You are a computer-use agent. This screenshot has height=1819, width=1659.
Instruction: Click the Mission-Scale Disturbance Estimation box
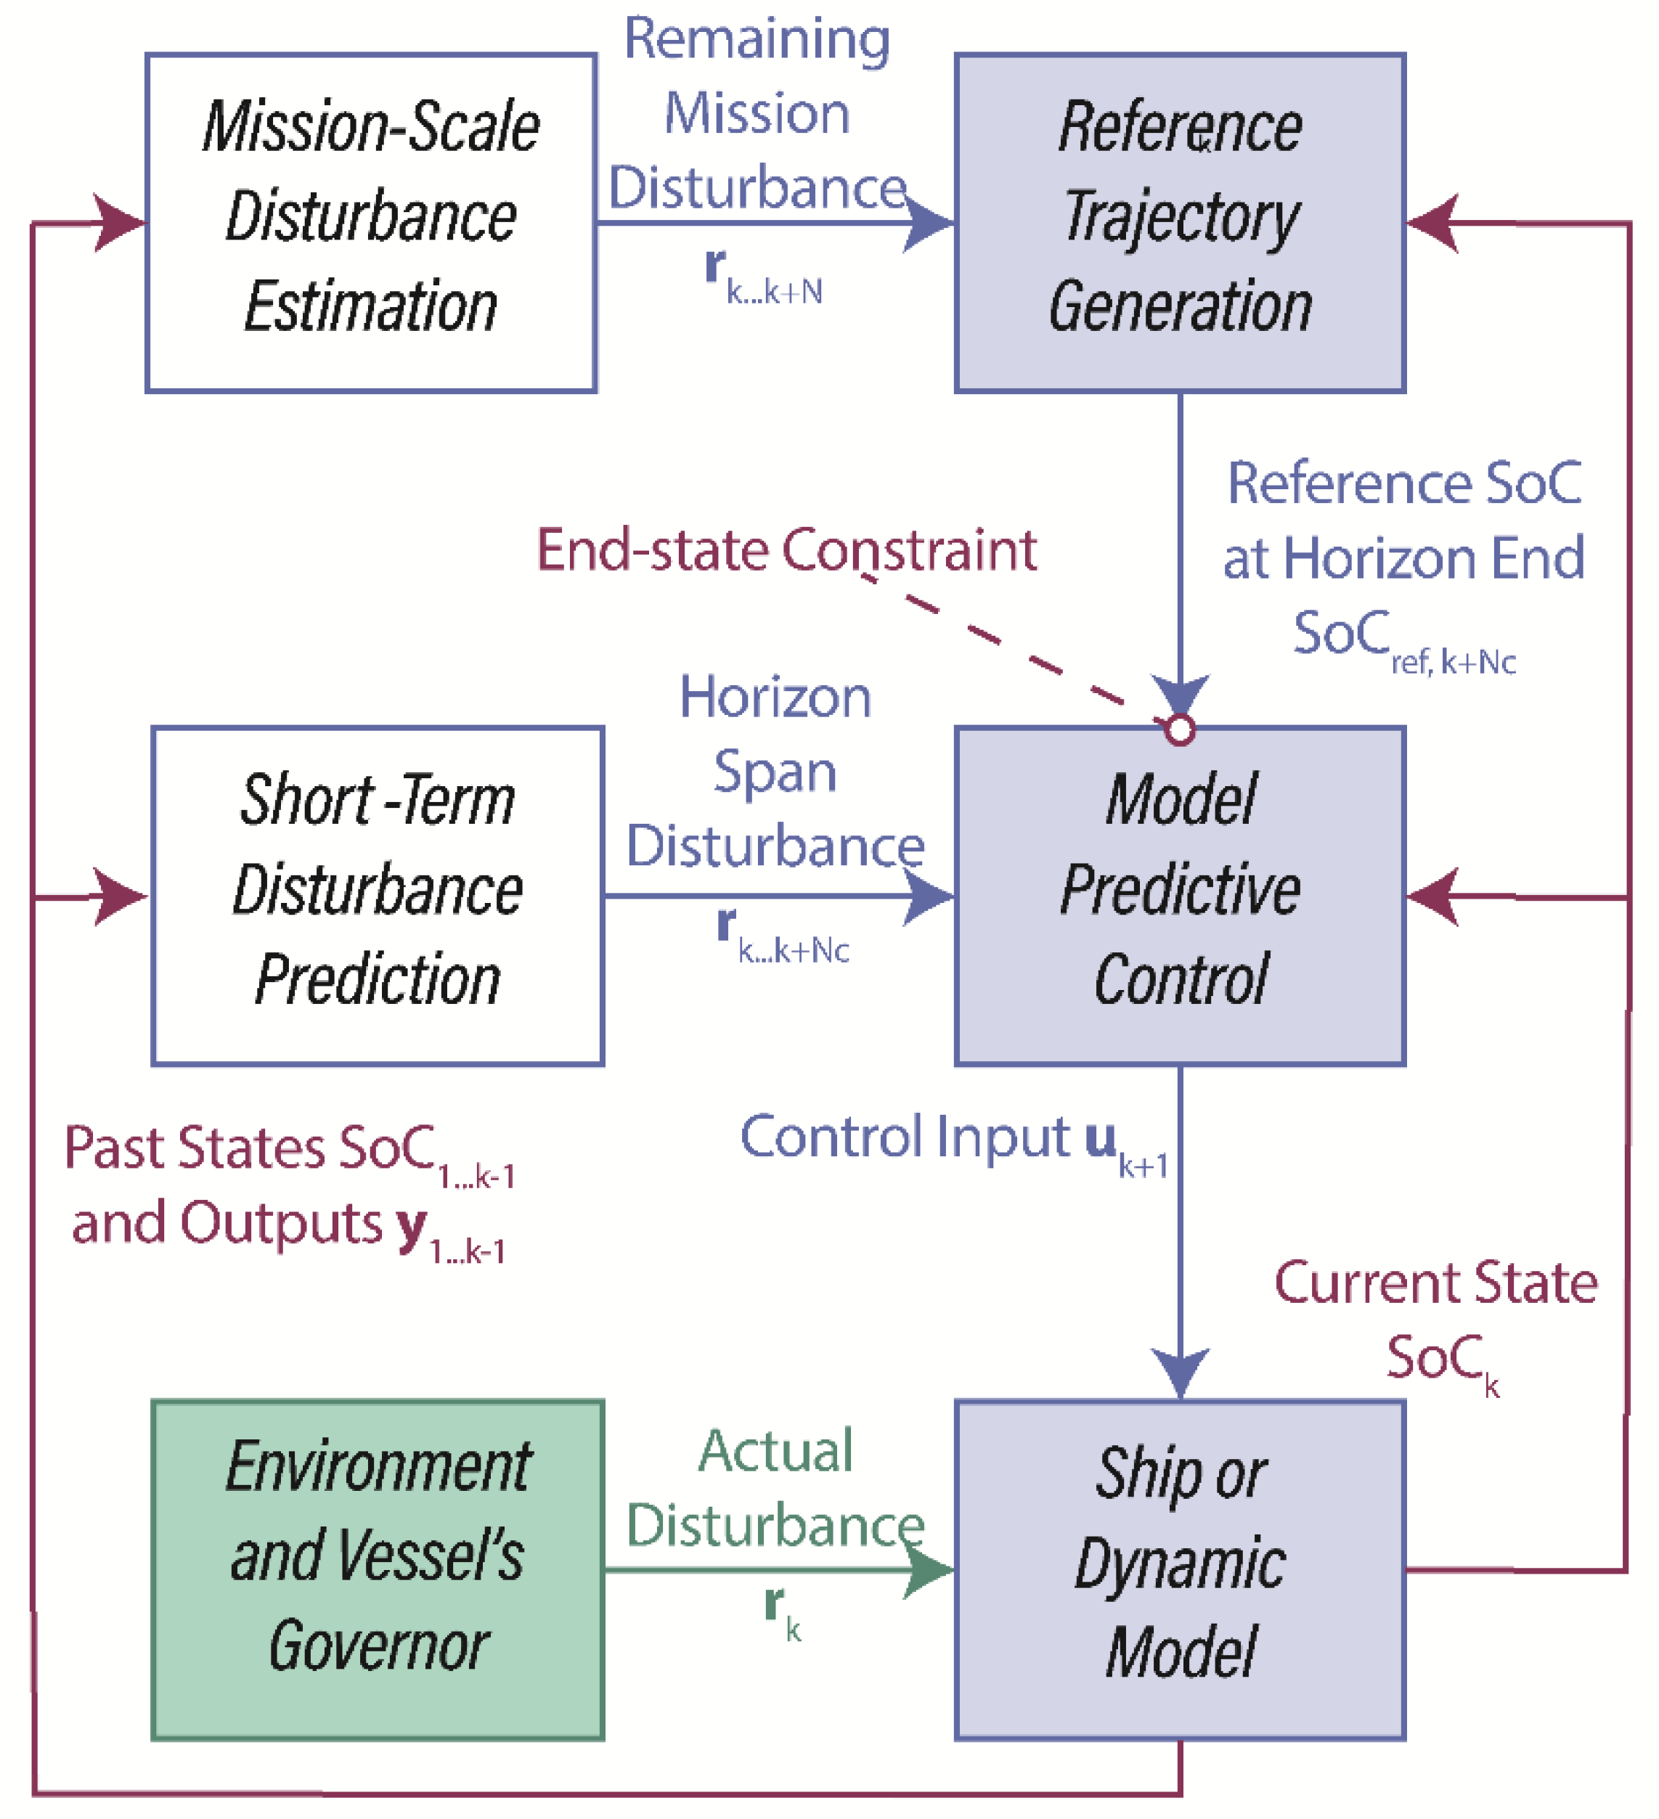pos(370,222)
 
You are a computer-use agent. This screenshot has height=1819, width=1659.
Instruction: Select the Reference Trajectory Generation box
pos(1179,222)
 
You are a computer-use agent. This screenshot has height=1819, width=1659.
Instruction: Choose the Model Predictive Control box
pos(1179,895)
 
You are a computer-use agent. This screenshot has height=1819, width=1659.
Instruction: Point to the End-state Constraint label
pos(786,549)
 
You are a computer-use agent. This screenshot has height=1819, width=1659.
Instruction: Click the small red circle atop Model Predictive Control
pos(1179,729)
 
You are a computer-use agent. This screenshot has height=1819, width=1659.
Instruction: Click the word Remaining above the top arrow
pos(757,40)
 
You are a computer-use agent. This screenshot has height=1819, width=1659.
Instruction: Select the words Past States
pos(194,1148)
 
